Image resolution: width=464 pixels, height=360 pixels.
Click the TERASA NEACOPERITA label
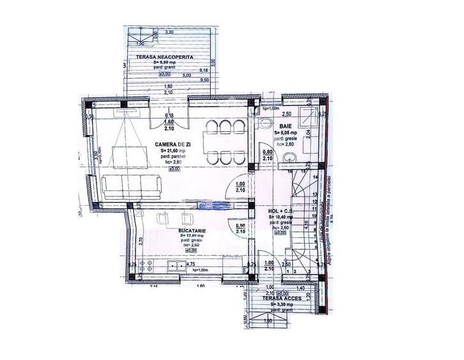pos(159,57)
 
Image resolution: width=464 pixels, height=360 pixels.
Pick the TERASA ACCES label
pos(277,299)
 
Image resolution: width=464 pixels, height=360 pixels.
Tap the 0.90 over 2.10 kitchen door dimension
pos(240,230)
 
